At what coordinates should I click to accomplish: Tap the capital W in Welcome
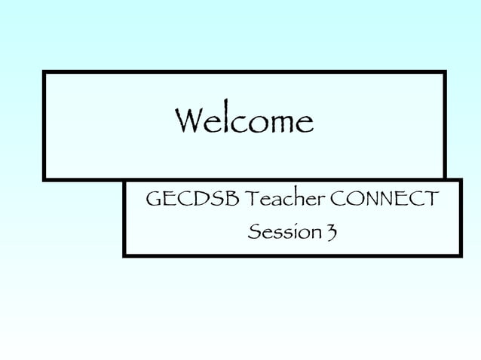point(188,121)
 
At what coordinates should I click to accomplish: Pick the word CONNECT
point(384,200)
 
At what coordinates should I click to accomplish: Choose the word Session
point(283,233)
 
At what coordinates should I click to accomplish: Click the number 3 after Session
point(331,233)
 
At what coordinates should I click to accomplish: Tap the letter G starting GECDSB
point(153,200)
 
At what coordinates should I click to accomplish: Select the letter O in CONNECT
point(353,200)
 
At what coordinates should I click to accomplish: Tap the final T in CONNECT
point(430,200)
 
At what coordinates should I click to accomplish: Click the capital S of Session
point(256,233)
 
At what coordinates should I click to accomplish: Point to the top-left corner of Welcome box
point(44,72)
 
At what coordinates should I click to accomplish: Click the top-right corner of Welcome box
point(444,72)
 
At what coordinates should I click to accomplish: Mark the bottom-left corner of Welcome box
point(44,179)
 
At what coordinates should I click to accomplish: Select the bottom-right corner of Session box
point(460,255)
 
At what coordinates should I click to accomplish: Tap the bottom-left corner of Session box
point(124,255)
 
